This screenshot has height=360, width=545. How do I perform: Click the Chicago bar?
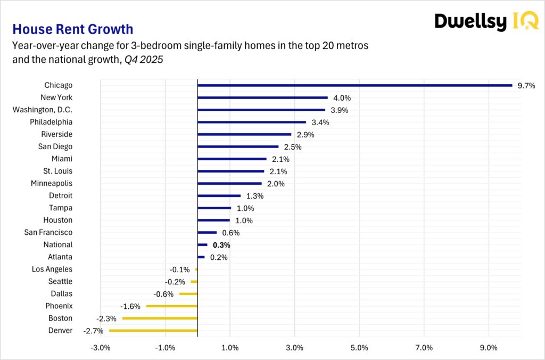354,85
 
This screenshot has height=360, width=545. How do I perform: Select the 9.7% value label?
526,86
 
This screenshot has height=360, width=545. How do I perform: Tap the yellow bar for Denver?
153,331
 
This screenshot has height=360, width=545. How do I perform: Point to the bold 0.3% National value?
221,246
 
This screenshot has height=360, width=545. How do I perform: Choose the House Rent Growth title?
72,29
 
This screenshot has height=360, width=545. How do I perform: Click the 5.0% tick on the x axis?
359,348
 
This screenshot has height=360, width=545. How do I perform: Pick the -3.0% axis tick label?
101,348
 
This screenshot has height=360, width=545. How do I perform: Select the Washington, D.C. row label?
43,110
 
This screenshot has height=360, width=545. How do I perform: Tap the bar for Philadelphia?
252,122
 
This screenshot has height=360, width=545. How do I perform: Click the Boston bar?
160,318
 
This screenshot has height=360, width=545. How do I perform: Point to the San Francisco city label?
48,232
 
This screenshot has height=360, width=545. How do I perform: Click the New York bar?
262,97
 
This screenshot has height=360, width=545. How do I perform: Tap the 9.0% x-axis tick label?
489,348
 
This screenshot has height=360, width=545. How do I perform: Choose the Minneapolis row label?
52,183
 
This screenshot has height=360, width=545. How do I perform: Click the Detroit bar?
219,195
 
